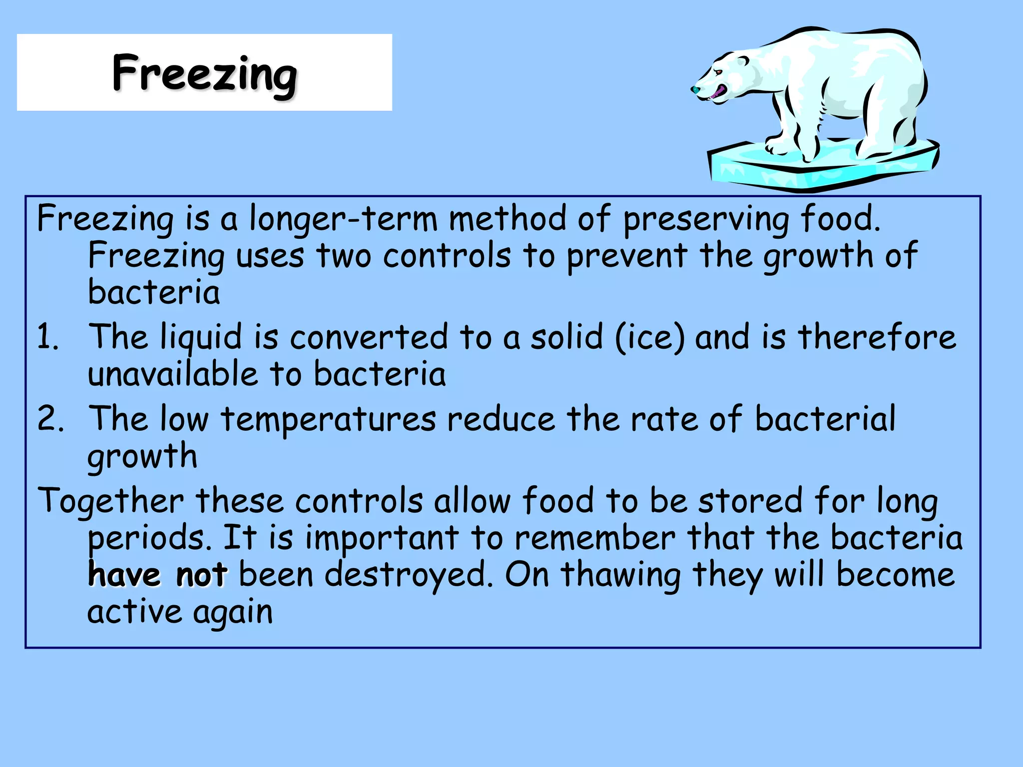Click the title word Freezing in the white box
tap(205, 73)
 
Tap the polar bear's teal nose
tap(695, 90)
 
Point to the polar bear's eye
tap(718, 72)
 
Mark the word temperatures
tap(329, 419)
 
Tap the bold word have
tap(124, 575)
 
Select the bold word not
tap(202, 575)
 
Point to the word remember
tap(595, 538)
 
